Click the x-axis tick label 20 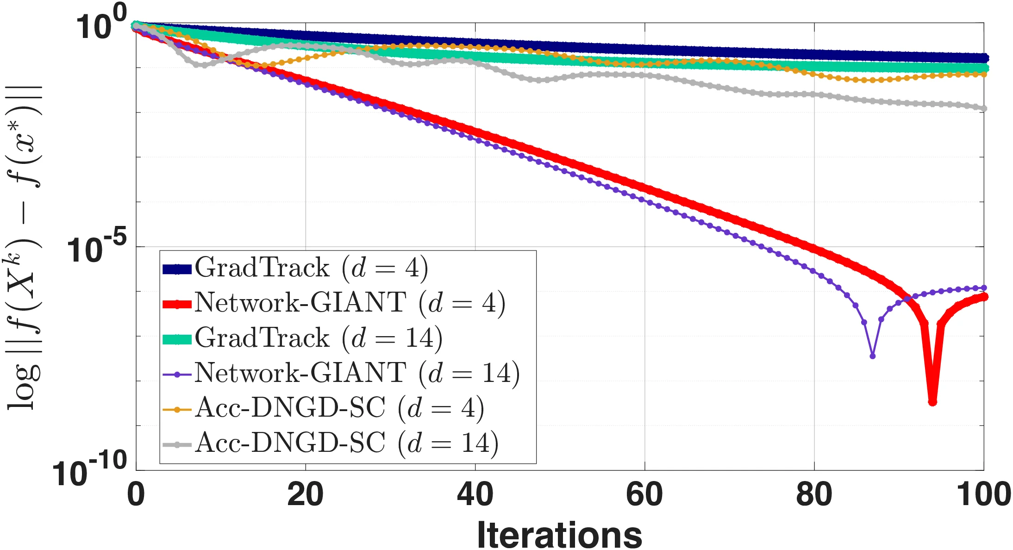tap(305, 494)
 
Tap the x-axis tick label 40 tap(475, 494)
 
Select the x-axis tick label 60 tap(644, 494)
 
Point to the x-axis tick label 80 tap(814, 494)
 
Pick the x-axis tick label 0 tap(136, 494)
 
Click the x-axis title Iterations tap(559, 534)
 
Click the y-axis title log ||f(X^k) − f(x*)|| tap(24, 247)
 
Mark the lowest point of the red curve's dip tap(932, 402)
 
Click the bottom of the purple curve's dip tap(873, 356)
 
